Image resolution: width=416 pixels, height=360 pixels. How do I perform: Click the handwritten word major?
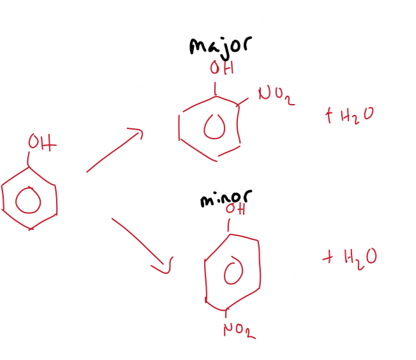(x=219, y=46)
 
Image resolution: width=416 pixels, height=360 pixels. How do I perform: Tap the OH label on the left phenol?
(x=41, y=144)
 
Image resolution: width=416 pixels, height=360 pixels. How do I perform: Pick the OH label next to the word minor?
(x=235, y=209)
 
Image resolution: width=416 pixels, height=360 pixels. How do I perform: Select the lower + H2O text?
(x=350, y=257)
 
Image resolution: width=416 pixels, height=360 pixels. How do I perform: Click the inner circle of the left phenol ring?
(x=27, y=202)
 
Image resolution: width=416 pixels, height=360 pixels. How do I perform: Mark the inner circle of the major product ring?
(x=215, y=128)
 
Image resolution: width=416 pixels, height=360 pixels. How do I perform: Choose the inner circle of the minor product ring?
(x=234, y=273)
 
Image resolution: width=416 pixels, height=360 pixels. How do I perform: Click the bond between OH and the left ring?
(x=29, y=160)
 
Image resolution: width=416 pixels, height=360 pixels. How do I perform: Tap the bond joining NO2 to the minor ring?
(x=226, y=313)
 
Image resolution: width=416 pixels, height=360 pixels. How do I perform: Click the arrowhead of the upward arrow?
(x=136, y=133)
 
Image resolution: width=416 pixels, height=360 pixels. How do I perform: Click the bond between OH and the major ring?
(x=215, y=87)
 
